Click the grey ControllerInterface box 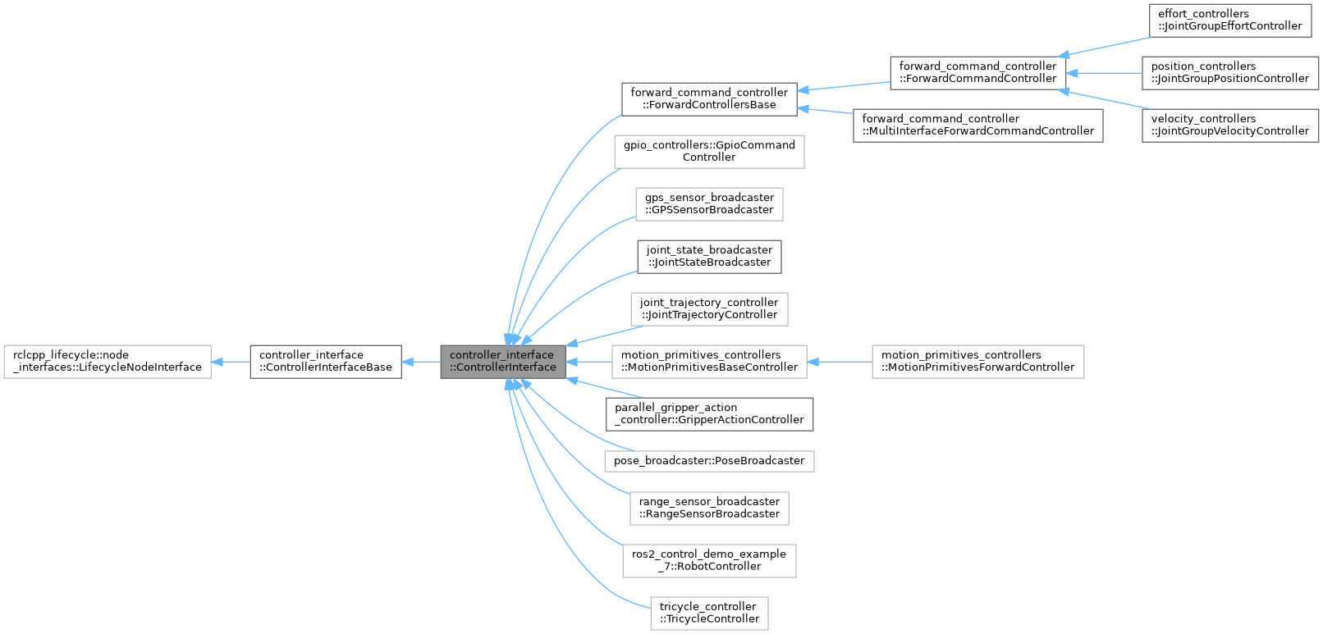(x=502, y=361)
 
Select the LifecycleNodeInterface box (x=108, y=361)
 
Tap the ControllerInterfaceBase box (x=325, y=361)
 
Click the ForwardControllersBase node (x=709, y=98)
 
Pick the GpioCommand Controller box (x=709, y=151)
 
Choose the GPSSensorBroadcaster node (x=709, y=203)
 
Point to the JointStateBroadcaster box (x=709, y=256)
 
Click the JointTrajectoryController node (x=709, y=308)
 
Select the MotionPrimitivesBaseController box (x=709, y=361)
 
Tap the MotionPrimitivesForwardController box (x=977, y=361)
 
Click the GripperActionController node (x=709, y=413)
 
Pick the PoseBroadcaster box (x=709, y=461)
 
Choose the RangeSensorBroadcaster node (x=709, y=508)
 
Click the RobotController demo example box (x=709, y=560)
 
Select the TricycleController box (x=709, y=613)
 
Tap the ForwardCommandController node (x=977, y=72)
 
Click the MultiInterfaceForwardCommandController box (x=977, y=125)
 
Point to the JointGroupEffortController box (x=1229, y=20)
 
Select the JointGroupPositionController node (x=1229, y=72)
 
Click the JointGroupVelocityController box (x=1229, y=125)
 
